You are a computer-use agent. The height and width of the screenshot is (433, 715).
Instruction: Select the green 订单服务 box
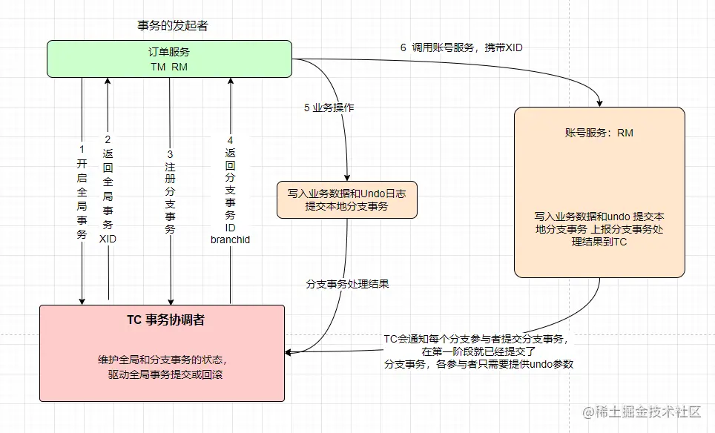click(169, 59)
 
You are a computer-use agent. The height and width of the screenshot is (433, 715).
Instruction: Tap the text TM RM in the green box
click(169, 67)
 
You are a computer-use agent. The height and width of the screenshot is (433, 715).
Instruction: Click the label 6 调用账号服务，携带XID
click(462, 47)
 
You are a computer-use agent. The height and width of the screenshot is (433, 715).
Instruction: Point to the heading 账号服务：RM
click(599, 133)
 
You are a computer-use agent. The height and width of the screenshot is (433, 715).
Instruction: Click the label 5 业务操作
click(329, 108)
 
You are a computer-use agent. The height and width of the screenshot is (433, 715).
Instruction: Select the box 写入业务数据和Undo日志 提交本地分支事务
click(347, 199)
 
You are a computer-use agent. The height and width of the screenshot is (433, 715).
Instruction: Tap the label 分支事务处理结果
click(348, 284)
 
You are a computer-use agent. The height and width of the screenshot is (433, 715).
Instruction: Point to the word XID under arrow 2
click(108, 239)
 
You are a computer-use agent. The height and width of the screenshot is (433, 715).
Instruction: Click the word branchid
click(231, 239)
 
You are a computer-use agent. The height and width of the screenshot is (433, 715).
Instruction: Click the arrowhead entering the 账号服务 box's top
click(599, 102)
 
